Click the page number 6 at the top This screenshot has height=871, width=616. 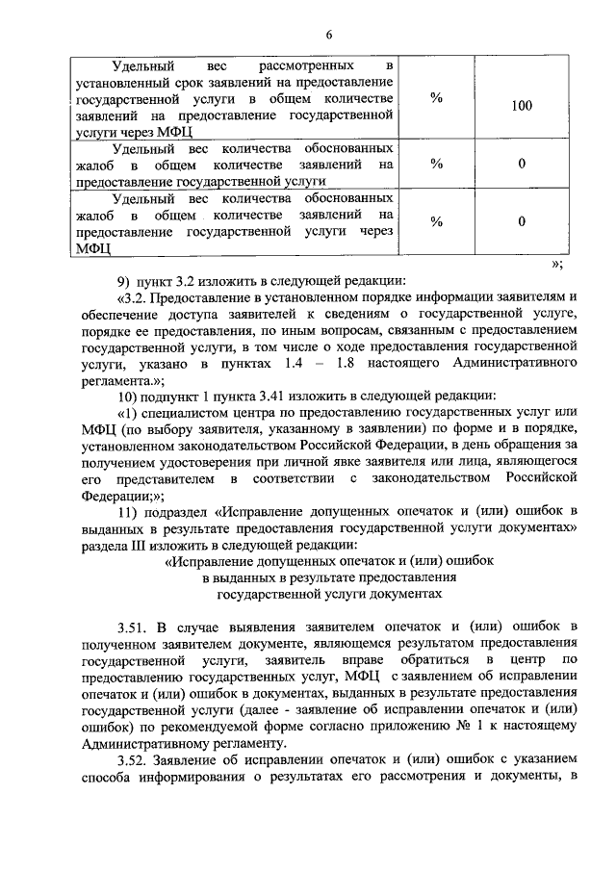point(327,36)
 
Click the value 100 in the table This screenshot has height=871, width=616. point(521,105)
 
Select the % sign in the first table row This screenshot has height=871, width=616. point(436,97)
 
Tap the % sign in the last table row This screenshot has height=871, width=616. point(436,221)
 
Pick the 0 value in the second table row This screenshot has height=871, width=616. point(521,164)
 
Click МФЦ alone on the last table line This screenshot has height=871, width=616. point(93,247)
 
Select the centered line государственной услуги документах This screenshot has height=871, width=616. point(327,595)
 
